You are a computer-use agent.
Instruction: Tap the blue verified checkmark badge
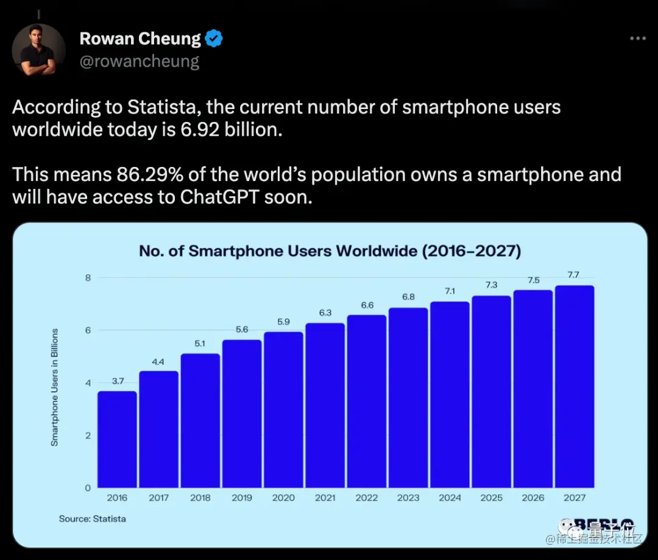click(x=213, y=39)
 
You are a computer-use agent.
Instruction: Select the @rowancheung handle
click(x=140, y=62)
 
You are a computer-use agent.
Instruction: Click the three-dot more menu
click(x=637, y=38)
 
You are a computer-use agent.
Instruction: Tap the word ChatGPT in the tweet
click(x=222, y=197)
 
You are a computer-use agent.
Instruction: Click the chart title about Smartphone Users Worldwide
click(x=330, y=250)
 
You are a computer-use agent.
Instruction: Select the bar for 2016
click(x=117, y=439)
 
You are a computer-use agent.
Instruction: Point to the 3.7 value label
click(x=117, y=381)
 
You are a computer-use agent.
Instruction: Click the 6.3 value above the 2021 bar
click(x=325, y=313)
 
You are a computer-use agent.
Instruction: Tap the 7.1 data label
click(x=450, y=291)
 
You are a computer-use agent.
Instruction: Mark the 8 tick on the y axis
click(x=87, y=278)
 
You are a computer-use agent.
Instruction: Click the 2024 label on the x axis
click(x=450, y=498)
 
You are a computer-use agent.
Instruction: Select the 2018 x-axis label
click(x=200, y=498)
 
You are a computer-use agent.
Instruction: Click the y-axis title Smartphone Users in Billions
click(x=55, y=388)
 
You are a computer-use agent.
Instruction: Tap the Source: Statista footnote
click(x=92, y=519)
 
